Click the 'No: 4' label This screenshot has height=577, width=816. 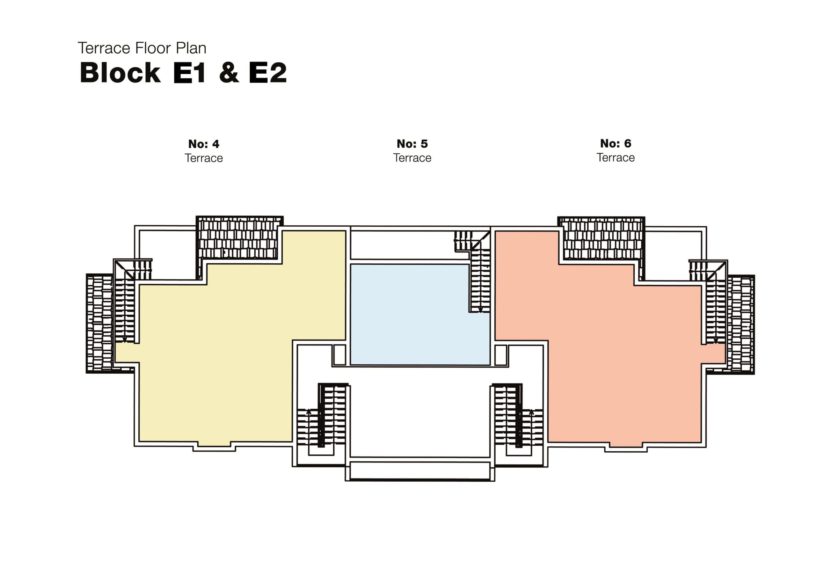pyautogui.click(x=204, y=144)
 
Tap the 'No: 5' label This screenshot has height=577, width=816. pyautogui.click(x=412, y=144)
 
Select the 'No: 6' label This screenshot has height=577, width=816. pyautogui.click(x=616, y=143)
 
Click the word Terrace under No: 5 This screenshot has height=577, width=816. pyautogui.click(x=412, y=158)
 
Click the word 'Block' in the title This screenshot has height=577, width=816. pyautogui.click(x=120, y=73)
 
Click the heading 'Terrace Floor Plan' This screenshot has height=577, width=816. pyautogui.click(x=142, y=48)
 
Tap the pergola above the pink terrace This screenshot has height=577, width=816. pyautogui.click(x=602, y=238)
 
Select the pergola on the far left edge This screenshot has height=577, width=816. pyautogui.click(x=99, y=324)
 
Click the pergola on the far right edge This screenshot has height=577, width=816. pyautogui.click(x=741, y=324)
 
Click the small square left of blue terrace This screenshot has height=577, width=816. pyautogui.click(x=339, y=354)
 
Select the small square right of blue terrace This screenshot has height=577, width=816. pyautogui.click(x=501, y=355)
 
